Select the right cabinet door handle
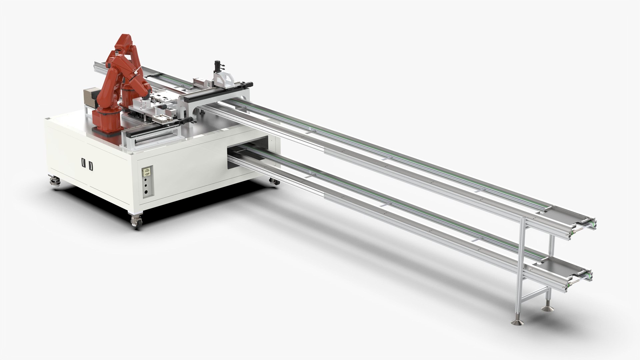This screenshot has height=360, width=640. point(91,166)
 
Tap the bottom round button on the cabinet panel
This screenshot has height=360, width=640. point(146,192)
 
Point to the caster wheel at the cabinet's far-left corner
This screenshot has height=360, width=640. point(55,182)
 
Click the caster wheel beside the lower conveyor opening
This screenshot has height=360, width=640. point(274,182)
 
